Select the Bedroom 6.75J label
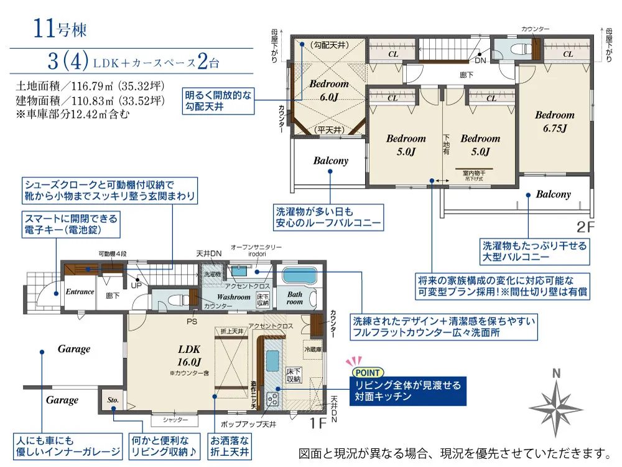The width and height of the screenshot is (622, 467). click(x=554, y=121)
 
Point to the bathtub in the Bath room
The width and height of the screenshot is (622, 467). click(x=300, y=276)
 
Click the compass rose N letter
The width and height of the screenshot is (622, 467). click(x=556, y=374)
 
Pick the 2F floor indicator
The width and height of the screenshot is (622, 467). click(x=586, y=225)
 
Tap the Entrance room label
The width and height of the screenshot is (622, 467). click(x=80, y=291)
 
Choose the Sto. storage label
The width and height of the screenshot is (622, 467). click(x=113, y=400)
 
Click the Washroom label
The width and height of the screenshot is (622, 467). click(x=233, y=297)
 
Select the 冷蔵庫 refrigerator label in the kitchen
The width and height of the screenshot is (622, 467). click(x=313, y=350)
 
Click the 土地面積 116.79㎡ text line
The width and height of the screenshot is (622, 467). click(x=90, y=87)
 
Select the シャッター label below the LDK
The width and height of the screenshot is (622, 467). click(x=176, y=420)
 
